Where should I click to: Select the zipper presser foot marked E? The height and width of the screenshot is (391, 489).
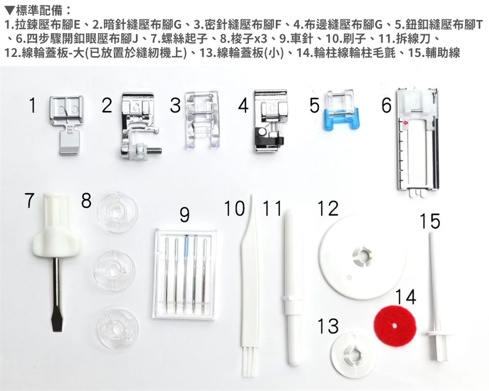[67, 124]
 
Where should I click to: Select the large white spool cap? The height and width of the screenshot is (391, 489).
[362, 256]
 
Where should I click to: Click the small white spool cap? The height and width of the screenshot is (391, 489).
[353, 353]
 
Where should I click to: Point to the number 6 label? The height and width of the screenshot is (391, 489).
[386, 105]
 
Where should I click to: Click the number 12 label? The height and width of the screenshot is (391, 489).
[328, 208]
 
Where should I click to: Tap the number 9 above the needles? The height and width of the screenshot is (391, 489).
[184, 215]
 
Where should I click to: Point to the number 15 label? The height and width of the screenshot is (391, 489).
[430, 221]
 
